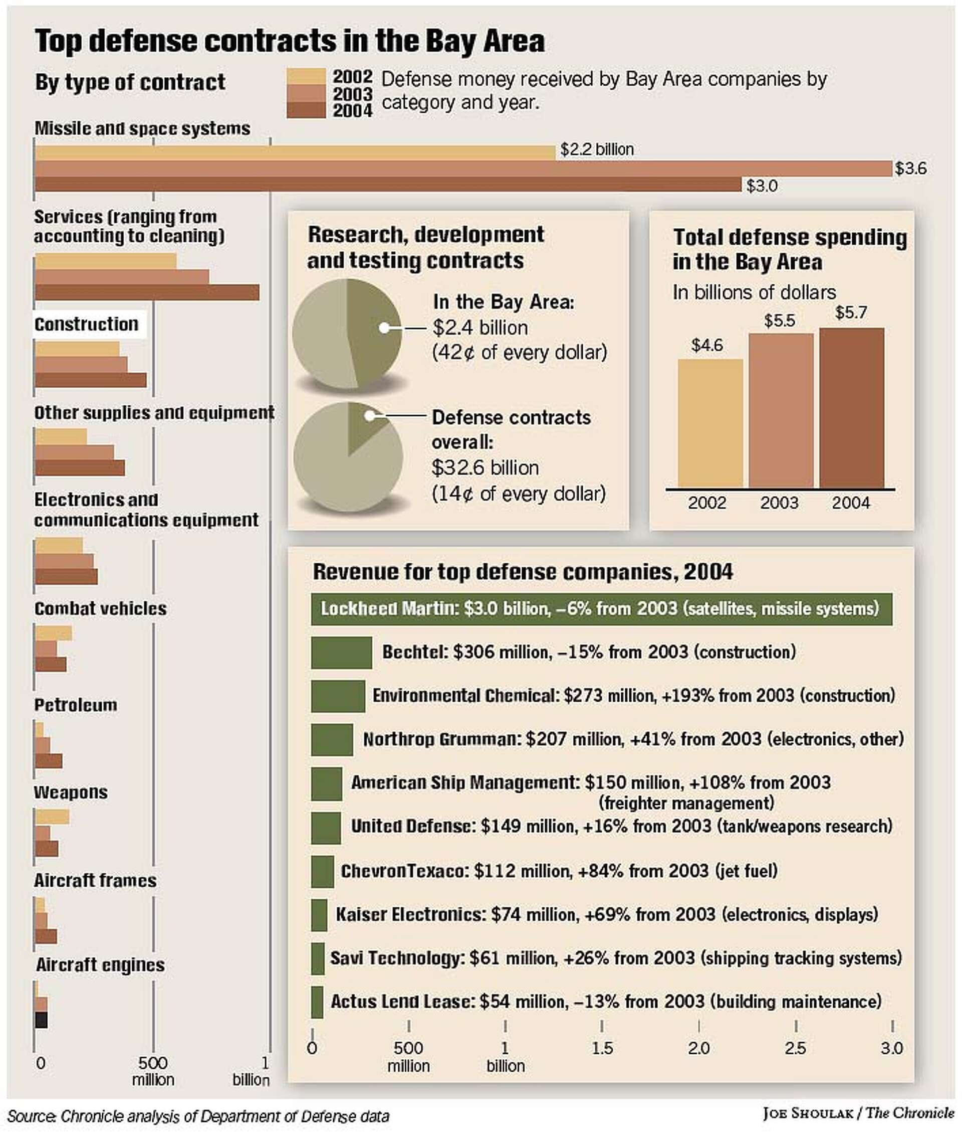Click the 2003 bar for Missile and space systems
(463, 168)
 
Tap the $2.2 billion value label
(597, 149)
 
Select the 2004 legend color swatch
(306, 111)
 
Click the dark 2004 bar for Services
(147, 292)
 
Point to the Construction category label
(87, 324)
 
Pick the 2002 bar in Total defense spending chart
(709, 423)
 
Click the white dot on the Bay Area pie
(384, 328)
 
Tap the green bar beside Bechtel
(341, 652)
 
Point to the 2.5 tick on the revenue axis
(795, 1048)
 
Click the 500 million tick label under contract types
(153, 1071)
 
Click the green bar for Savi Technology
(318, 958)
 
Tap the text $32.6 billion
(485, 468)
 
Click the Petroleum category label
(76, 705)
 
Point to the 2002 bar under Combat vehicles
(54, 633)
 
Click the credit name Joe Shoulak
(807, 1113)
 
